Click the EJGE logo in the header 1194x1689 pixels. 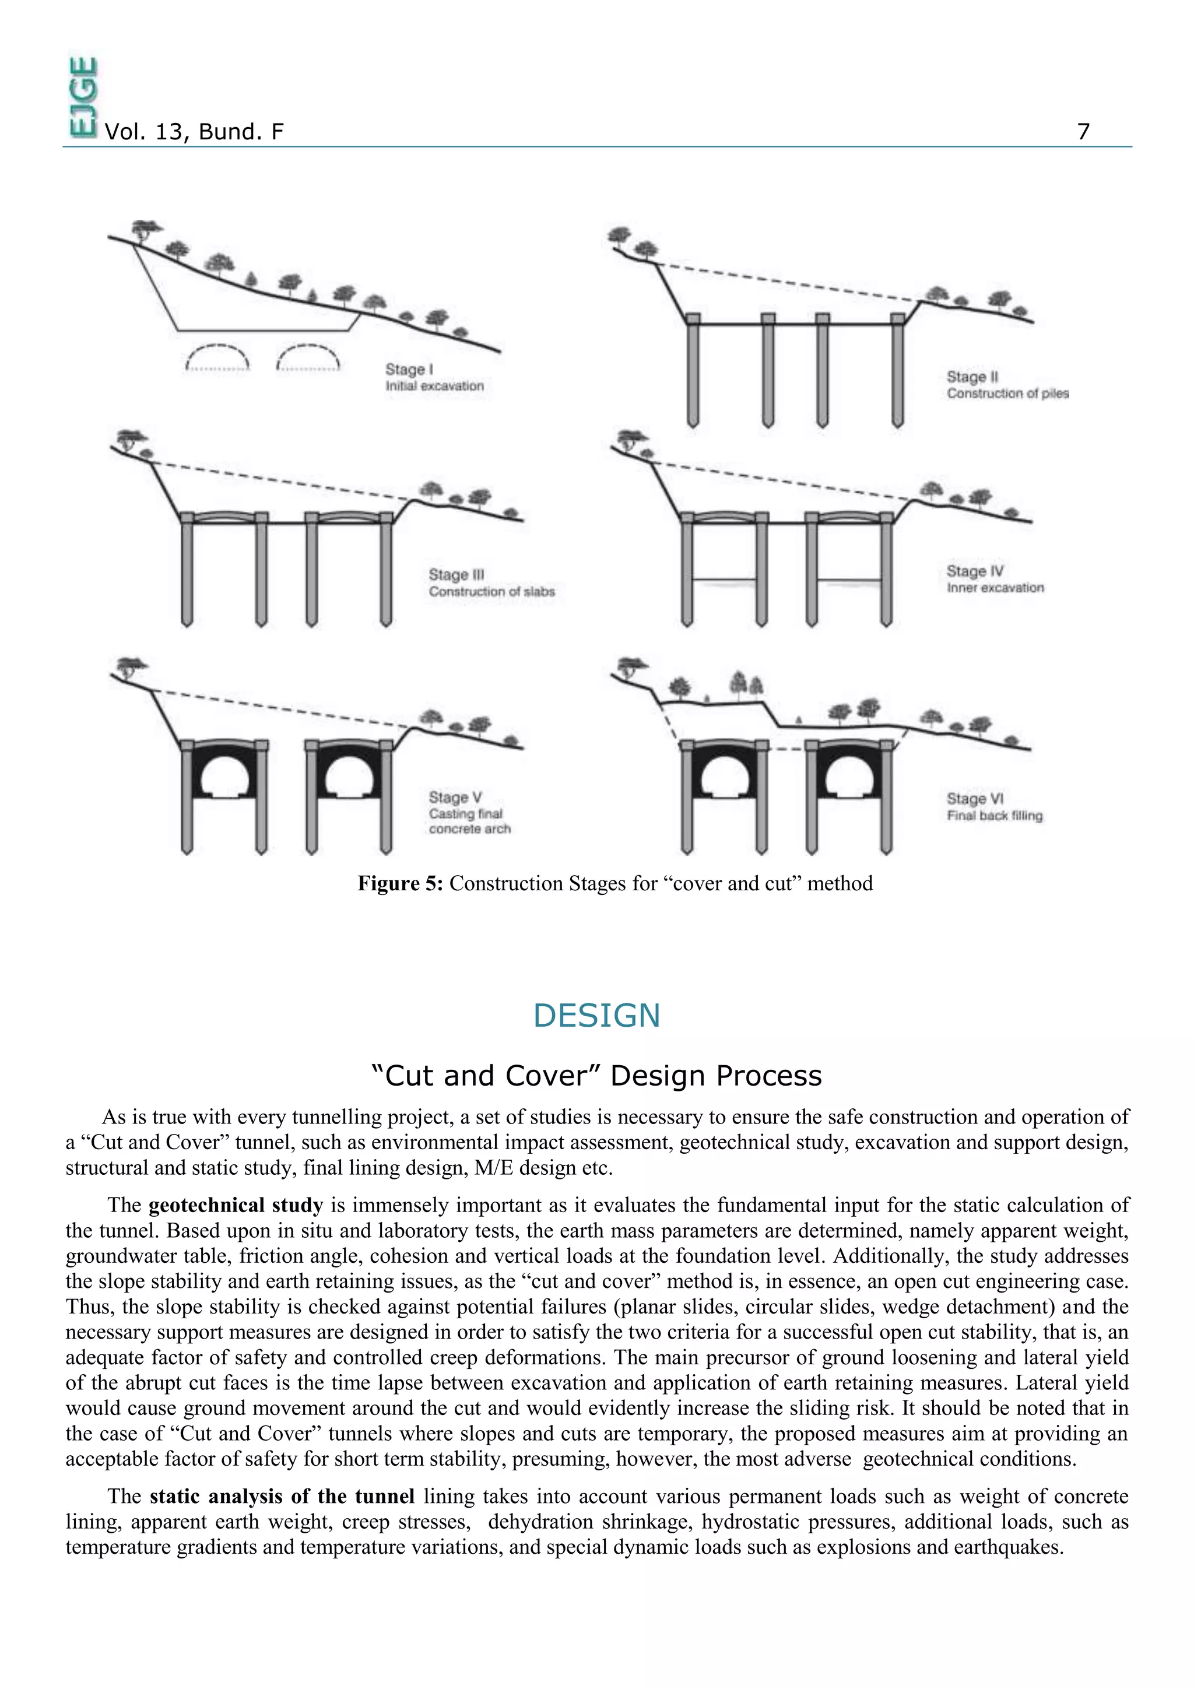coord(82,97)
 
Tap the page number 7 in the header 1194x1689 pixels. coord(1083,132)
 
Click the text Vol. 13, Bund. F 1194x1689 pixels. coord(194,132)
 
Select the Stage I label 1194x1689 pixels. coord(409,369)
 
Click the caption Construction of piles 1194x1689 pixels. coord(1007,394)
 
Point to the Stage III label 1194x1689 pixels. coord(456,574)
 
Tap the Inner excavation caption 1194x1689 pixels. coord(995,588)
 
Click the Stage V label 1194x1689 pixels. coord(455,798)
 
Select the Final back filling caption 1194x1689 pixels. coord(994,816)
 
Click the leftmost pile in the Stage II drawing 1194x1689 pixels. coord(692,371)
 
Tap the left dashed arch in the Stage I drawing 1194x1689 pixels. coord(218,357)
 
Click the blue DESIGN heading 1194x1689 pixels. coord(596,1016)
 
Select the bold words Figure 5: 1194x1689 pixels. coord(400,883)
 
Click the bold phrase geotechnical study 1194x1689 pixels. coord(236,1205)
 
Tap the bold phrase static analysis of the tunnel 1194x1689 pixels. coord(282,1496)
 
